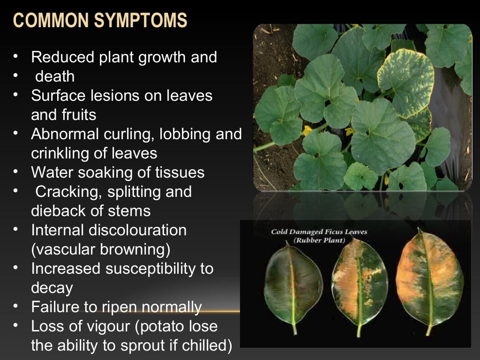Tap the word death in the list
coord(55,76)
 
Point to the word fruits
coord(77,115)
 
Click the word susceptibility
coord(159,269)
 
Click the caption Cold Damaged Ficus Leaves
coord(319,232)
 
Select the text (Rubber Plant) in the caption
coord(319,240)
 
